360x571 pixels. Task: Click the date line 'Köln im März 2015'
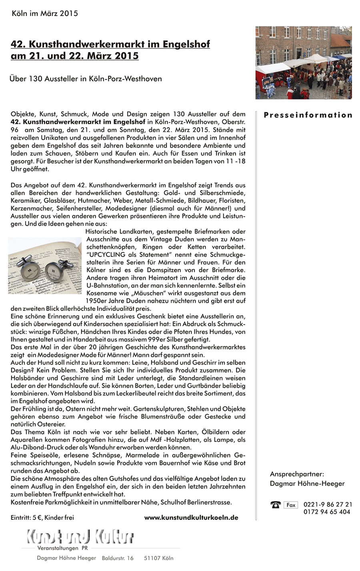point(45,13)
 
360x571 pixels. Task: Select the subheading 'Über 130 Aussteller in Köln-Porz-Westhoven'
point(86,78)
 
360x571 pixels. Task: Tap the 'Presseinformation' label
point(308,115)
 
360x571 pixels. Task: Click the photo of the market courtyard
point(304,63)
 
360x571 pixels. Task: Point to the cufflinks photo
point(45,265)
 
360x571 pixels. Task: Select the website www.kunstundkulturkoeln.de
point(191,517)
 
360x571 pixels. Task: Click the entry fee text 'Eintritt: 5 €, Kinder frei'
point(42,517)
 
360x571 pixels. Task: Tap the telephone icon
point(275,505)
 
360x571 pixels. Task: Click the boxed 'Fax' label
point(291,505)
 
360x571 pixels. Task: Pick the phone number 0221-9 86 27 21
point(328,505)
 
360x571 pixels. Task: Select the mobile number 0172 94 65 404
point(327,512)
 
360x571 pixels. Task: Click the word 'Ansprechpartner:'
point(297,474)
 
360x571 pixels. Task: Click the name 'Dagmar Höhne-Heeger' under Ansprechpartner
point(307,483)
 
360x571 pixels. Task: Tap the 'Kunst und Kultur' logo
point(80,536)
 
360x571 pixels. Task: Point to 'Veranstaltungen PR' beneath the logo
point(62,548)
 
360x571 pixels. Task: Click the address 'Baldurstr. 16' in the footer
point(118,558)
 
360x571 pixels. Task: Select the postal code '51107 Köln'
point(158,558)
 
